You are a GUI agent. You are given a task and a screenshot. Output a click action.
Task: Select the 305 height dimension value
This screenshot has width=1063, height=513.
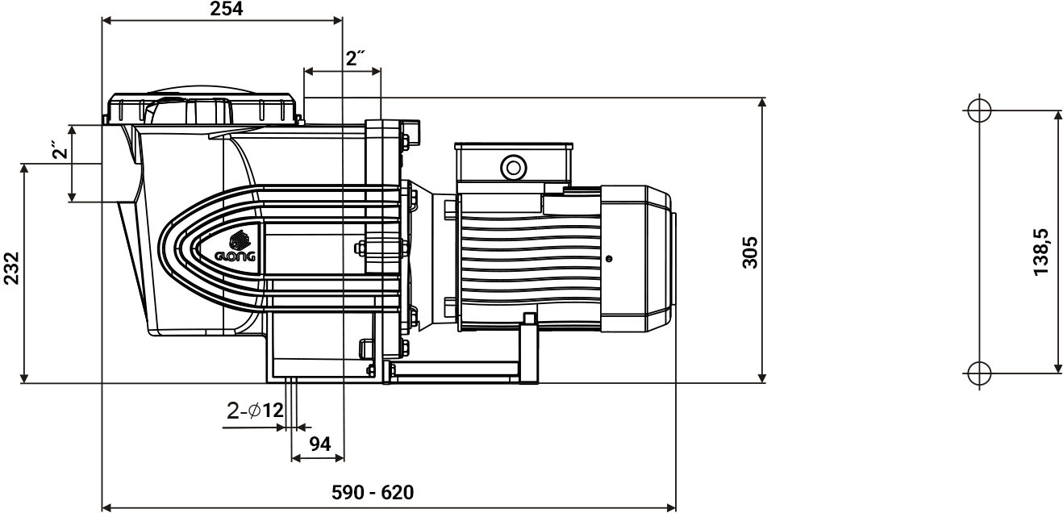[750, 252]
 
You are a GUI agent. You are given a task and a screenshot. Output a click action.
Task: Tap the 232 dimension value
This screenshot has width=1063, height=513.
[10, 267]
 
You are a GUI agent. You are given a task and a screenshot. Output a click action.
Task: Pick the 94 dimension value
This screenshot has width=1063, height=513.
[320, 443]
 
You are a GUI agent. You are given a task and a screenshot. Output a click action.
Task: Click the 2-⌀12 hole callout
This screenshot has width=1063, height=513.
[255, 411]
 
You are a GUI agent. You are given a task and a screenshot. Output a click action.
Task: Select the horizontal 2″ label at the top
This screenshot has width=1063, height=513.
[356, 58]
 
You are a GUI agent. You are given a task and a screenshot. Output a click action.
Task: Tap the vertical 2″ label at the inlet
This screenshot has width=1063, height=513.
[57, 151]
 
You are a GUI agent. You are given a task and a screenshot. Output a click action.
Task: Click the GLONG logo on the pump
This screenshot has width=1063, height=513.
[236, 248]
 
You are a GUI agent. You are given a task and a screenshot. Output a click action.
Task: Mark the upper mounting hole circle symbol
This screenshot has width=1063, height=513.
[977, 111]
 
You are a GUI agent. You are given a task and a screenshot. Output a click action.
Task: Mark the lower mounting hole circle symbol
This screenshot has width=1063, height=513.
[977, 373]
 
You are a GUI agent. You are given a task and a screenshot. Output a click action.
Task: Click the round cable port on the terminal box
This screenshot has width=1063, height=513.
[512, 167]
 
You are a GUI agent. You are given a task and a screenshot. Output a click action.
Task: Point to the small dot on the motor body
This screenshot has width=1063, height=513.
[608, 259]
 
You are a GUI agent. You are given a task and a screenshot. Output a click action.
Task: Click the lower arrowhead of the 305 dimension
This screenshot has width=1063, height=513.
[762, 377]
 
